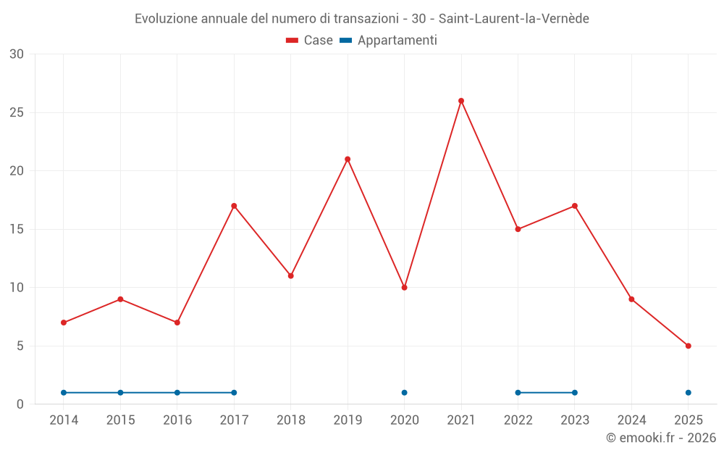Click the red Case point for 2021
(x=461, y=101)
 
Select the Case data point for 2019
(x=348, y=159)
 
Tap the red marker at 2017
(x=234, y=206)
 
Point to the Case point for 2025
(x=689, y=346)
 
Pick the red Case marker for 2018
(x=291, y=276)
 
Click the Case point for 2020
(x=405, y=288)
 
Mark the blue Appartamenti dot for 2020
(x=405, y=393)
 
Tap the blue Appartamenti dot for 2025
(x=689, y=393)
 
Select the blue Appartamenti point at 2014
(x=64, y=393)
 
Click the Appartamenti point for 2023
(x=575, y=393)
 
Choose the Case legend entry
(x=310, y=41)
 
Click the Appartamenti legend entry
(x=389, y=41)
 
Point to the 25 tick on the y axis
(x=17, y=112)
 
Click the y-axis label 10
(x=17, y=288)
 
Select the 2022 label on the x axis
(x=518, y=420)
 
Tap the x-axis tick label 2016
(x=177, y=420)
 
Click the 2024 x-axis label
(x=631, y=420)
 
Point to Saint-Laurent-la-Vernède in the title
(x=514, y=19)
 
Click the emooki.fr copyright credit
(x=661, y=438)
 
